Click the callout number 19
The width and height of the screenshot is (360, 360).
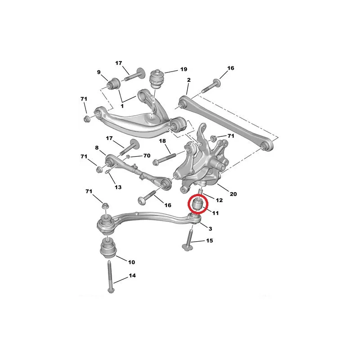click(x=184, y=69)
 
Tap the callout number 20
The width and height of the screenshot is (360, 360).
click(x=233, y=194)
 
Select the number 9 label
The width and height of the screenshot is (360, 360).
click(x=99, y=72)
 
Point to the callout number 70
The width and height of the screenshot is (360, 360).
click(x=147, y=156)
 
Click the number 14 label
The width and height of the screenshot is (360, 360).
click(x=132, y=275)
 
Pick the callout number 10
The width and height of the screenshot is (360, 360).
click(x=131, y=262)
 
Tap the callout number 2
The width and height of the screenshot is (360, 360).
click(x=189, y=80)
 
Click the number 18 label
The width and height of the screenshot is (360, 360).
click(x=162, y=141)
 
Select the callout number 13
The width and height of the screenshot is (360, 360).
click(x=118, y=187)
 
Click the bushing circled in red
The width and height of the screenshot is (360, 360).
click(x=198, y=204)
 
